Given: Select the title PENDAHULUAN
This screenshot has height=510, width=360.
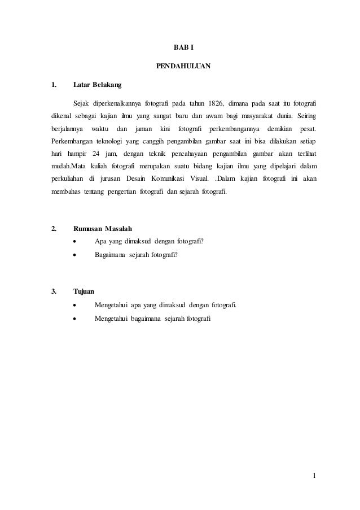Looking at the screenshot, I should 183,67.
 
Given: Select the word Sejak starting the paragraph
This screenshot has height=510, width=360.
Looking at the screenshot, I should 82,104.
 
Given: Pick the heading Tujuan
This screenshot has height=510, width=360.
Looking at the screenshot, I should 84,291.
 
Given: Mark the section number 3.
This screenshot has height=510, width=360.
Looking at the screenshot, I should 54,291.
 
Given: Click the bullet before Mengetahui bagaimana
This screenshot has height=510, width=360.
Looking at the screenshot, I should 75,319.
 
